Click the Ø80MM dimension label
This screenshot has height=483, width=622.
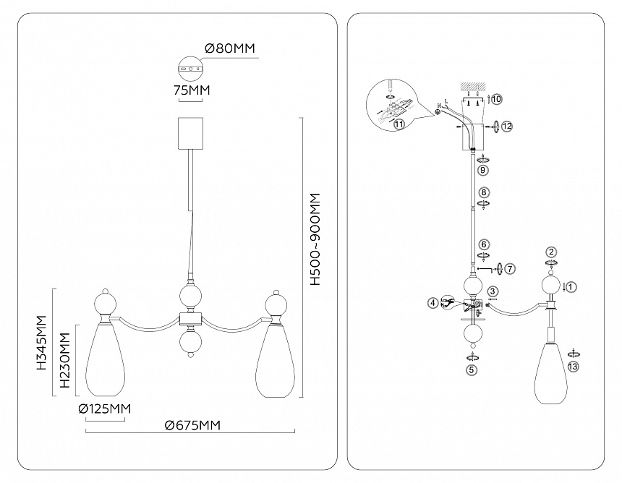231,49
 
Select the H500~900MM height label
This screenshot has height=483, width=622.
315,239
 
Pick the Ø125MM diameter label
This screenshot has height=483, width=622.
105,409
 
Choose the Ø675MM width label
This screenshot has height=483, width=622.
192,425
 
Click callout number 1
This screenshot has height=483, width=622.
571,286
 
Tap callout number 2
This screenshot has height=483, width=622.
551,252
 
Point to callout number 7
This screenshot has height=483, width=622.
509,268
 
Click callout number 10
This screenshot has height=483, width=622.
496,98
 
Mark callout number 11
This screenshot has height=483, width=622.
399,124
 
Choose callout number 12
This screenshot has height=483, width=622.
507,127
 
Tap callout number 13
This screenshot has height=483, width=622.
574,367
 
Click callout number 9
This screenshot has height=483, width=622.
484,170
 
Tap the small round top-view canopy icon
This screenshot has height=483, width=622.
192,69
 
